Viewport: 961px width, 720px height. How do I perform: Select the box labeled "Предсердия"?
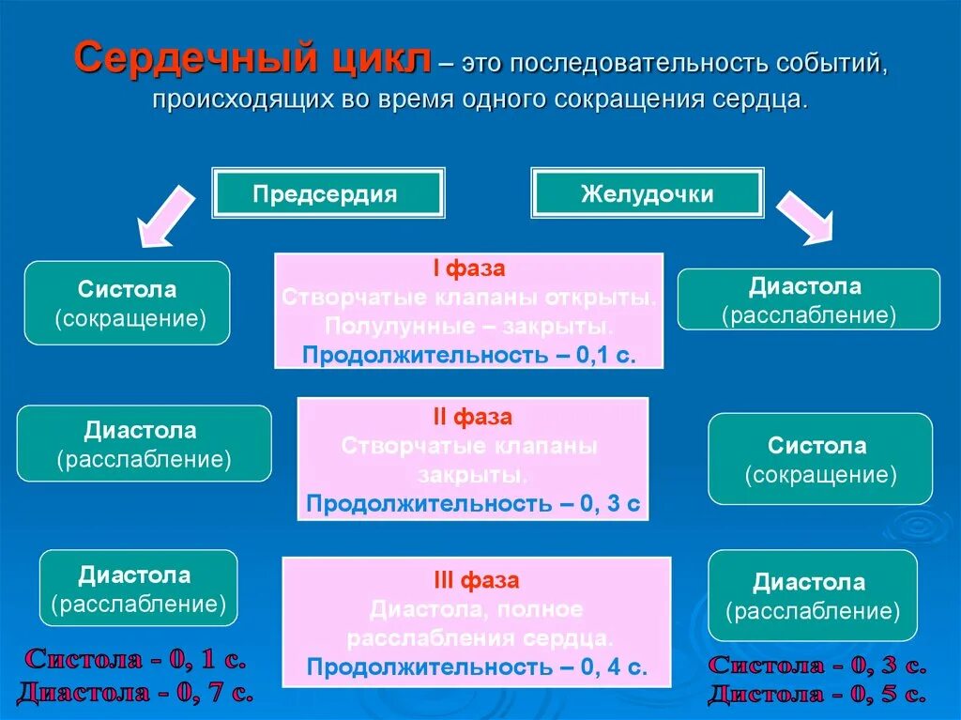point(328,193)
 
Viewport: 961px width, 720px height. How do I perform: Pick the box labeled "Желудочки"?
point(648,193)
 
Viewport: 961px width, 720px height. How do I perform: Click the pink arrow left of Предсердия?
point(166,215)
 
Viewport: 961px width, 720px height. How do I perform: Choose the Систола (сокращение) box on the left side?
point(127,303)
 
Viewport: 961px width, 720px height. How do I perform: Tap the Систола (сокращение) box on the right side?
point(820,459)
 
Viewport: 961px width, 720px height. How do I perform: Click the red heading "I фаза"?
point(468,269)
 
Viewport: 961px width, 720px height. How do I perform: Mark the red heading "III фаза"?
point(476,580)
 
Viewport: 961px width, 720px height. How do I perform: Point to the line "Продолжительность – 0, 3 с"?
point(473,503)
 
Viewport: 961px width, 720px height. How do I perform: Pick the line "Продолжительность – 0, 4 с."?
point(477,666)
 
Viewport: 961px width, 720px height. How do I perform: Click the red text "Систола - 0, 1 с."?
point(136,659)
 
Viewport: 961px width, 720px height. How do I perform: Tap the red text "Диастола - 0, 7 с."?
point(135,693)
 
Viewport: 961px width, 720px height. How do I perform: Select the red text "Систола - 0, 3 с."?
point(816,666)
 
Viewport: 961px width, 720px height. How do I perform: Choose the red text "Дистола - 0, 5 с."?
point(816,695)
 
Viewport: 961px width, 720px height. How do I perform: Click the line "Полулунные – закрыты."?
point(469,327)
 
